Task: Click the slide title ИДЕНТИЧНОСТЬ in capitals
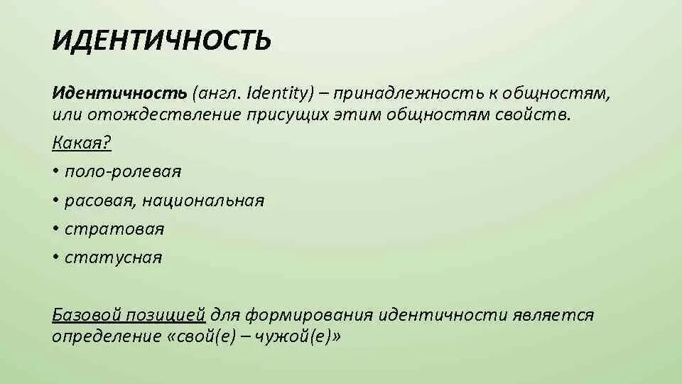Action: coord(161,41)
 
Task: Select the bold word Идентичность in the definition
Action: coord(119,94)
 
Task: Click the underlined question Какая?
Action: coord(82,143)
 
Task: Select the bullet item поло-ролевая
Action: coord(123,171)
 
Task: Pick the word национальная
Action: coord(203,201)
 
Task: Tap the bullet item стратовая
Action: coord(114,229)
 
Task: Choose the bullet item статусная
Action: coord(114,257)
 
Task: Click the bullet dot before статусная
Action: coord(55,257)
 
